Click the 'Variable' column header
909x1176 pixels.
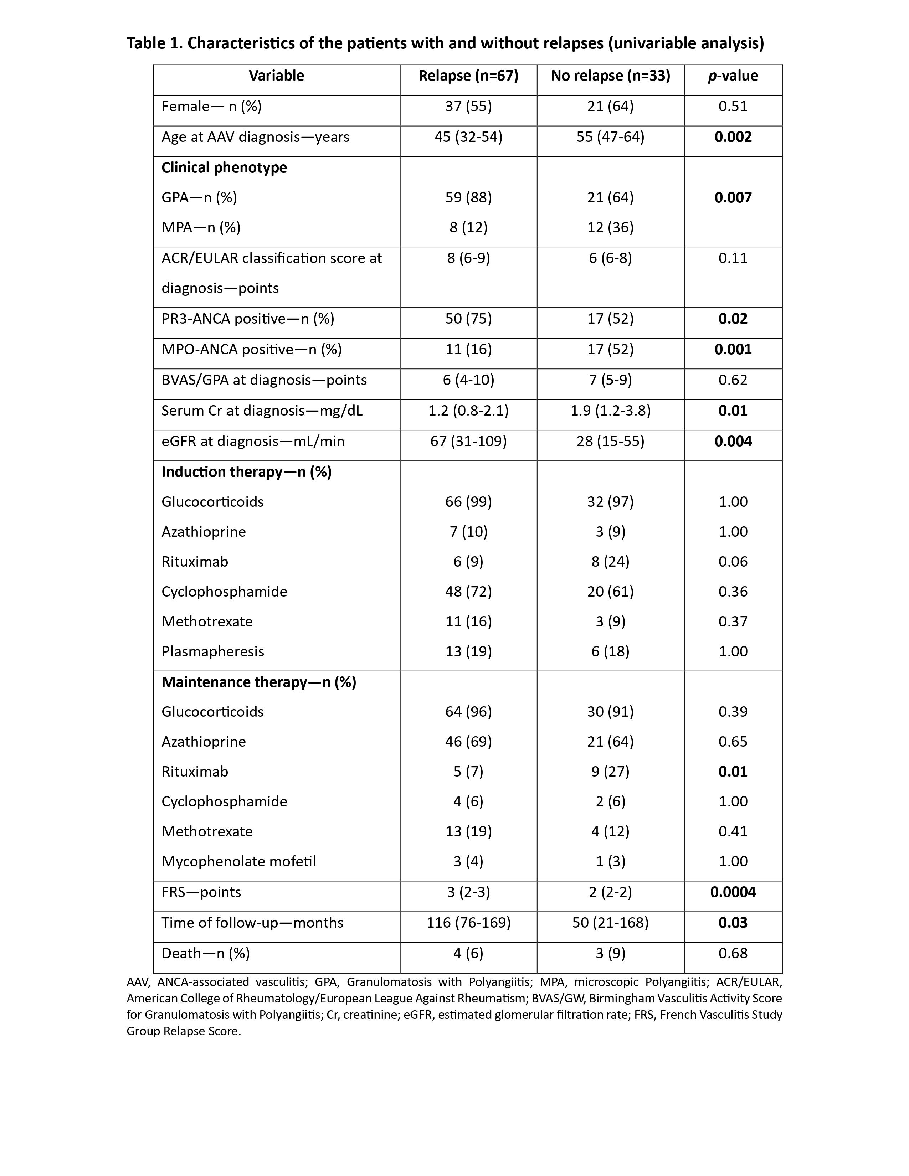coord(276,76)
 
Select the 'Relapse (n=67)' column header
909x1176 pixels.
coord(468,76)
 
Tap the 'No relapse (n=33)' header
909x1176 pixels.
coord(610,76)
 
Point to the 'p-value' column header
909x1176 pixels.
coord(733,76)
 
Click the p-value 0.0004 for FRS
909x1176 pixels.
coord(733,892)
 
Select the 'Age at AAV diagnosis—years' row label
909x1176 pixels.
coord(255,137)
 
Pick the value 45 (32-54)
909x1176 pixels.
coord(468,137)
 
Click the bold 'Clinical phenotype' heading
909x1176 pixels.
coord(224,168)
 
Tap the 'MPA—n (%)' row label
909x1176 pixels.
coord(201,228)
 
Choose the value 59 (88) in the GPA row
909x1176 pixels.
coord(468,198)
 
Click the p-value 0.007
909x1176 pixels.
coord(733,198)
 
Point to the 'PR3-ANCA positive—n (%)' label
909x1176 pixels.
coord(248,319)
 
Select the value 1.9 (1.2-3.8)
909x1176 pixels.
coord(610,411)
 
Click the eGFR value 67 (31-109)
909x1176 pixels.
coord(468,442)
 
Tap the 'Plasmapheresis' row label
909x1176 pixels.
coord(213,651)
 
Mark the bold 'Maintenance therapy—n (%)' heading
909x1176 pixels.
coord(258,682)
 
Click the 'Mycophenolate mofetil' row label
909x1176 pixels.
coord(238,862)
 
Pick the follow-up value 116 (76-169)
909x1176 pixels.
coord(468,923)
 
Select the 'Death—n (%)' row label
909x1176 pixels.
coord(206,954)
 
